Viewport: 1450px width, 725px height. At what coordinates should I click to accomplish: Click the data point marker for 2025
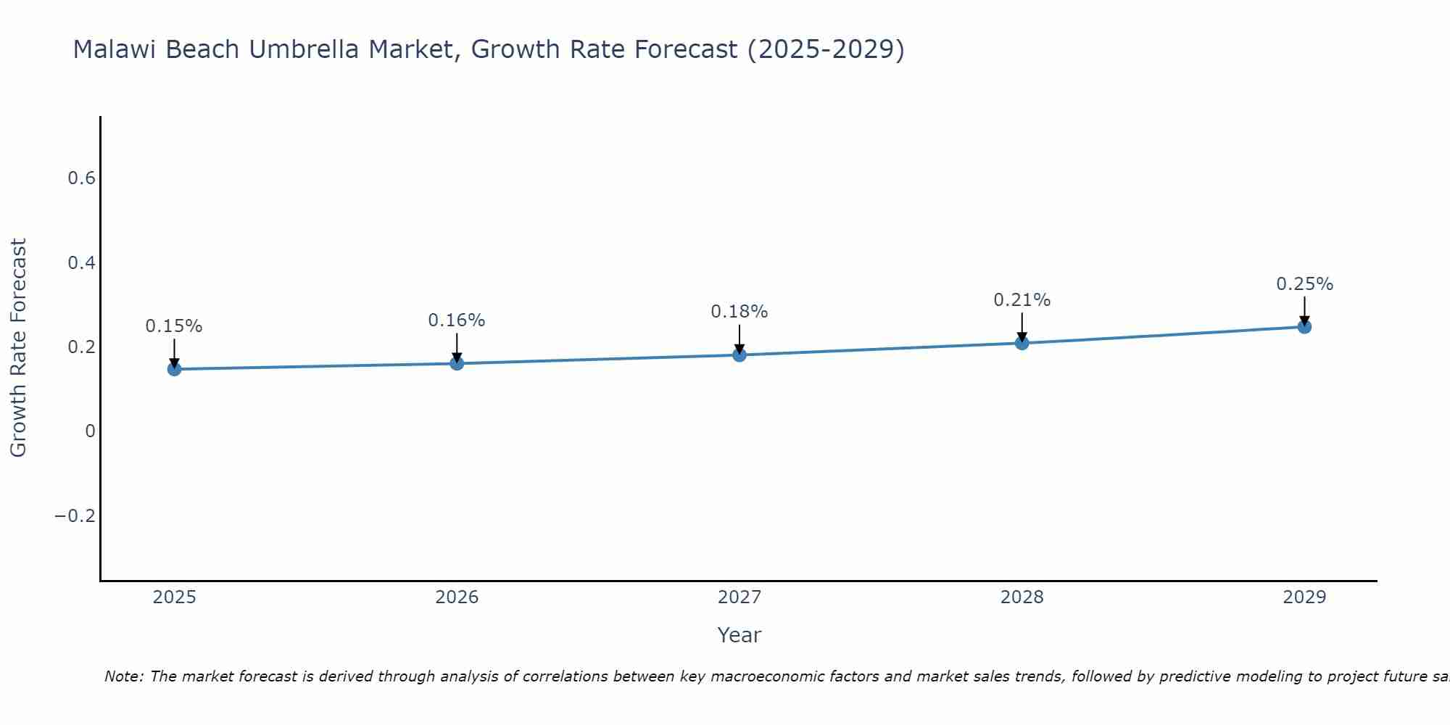pyautogui.click(x=174, y=369)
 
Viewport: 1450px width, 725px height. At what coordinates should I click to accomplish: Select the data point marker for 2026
pyautogui.click(x=457, y=363)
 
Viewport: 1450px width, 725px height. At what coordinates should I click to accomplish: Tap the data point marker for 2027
pyautogui.click(x=739, y=355)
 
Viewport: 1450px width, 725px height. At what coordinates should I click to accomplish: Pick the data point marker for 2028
pyautogui.click(x=1022, y=343)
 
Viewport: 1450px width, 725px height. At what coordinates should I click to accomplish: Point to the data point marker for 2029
pyautogui.click(x=1304, y=326)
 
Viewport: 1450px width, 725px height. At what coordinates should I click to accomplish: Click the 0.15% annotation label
pyautogui.click(x=174, y=326)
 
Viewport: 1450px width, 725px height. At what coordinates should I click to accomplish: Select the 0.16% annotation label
pyautogui.click(x=457, y=320)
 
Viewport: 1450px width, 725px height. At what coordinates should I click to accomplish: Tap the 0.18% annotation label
pyautogui.click(x=739, y=312)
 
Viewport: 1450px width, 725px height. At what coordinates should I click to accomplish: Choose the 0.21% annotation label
pyautogui.click(x=1022, y=300)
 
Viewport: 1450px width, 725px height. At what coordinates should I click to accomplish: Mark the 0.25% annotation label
pyautogui.click(x=1304, y=284)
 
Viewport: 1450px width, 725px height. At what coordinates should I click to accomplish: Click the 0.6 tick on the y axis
pyautogui.click(x=81, y=178)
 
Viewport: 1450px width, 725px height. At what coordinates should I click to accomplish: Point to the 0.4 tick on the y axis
pyautogui.click(x=81, y=262)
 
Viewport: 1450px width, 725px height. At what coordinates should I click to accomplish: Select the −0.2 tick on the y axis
pyautogui.click(x=75, y=515)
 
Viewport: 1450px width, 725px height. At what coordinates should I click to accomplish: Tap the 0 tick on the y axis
pyautogui.click(x=90, y=431)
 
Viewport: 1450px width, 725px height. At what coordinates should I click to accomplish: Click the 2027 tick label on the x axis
pyautogui.click(x=739, y=597)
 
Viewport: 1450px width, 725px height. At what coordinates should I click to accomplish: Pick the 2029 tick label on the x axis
pyautogui.click(x=1304, y=597)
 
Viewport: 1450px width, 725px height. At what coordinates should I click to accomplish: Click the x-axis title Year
pyautogui.click(x=739, y=635)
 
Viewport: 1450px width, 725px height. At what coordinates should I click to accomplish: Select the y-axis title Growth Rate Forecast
pyautogui.click(x=19, y=348)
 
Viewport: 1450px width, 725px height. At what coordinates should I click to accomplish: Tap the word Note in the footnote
pyautogui.click(x=123, y=676)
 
